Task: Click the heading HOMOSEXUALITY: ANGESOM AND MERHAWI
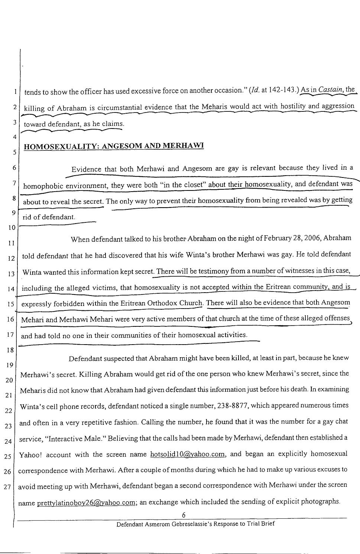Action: (114, 146)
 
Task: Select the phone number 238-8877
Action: (231, 406)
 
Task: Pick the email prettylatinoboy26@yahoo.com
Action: (86, 504)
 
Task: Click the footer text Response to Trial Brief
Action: (243, 524)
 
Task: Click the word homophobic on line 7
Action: (43, 186)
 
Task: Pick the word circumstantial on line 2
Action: (120, 108)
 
